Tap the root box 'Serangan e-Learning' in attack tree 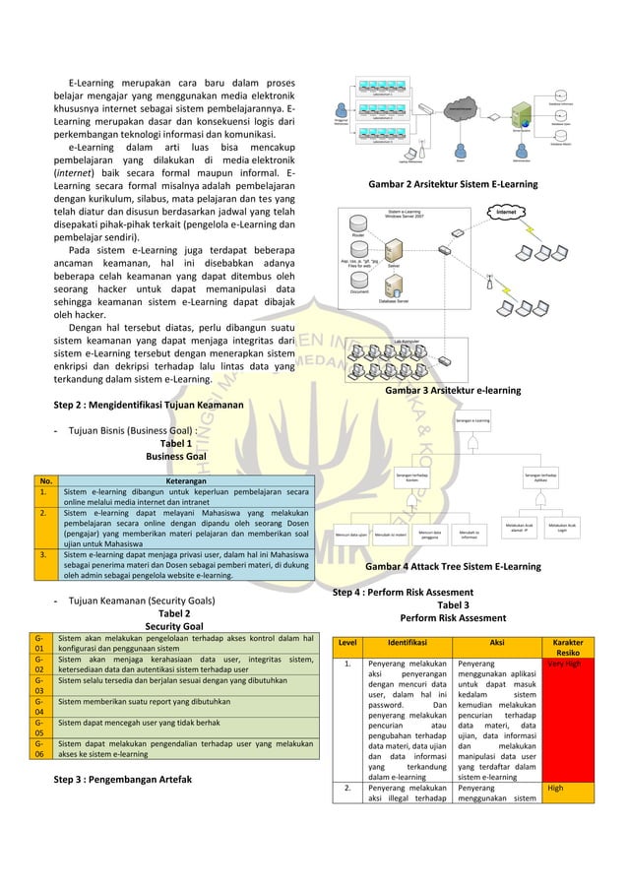pos(473,421)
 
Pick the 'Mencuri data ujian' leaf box pos(351,537)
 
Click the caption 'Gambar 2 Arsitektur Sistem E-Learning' pos(452,184)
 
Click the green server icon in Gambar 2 pos(539,109)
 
